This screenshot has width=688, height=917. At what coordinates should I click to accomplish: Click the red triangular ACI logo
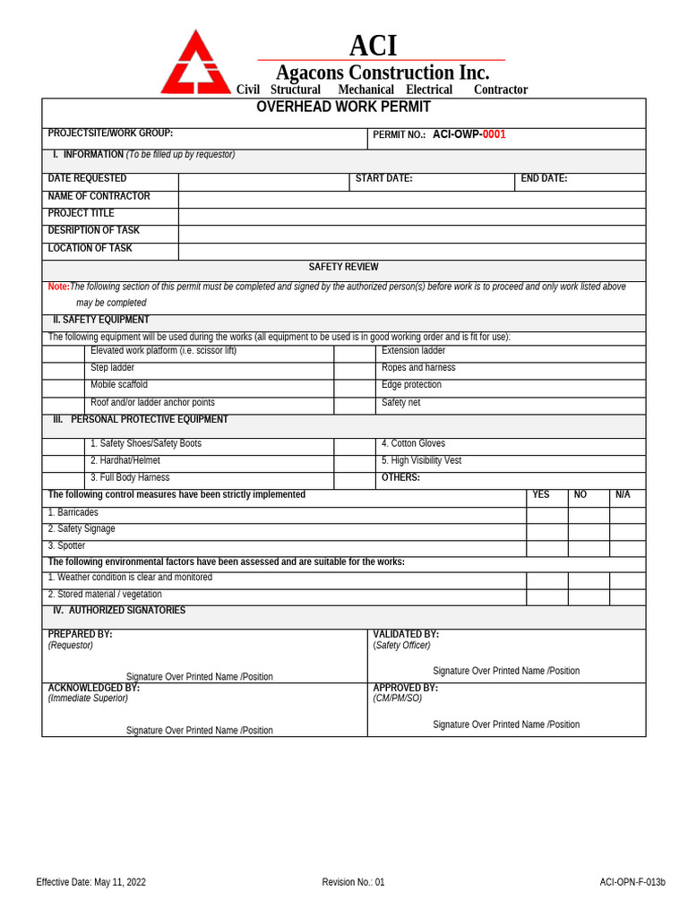[x=195, y=64]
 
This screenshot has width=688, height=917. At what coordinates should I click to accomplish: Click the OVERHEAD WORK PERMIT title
[x=343, y=107]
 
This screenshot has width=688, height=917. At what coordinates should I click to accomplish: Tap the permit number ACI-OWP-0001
[x=469, y=135]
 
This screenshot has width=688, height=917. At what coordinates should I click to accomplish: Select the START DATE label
[x=383, y=179]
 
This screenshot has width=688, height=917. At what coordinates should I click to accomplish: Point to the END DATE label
[x=544, y=179]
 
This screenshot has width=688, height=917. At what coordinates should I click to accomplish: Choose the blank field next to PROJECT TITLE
[x=411, y=217]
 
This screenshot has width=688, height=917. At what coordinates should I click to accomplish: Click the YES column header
[x=541, y=495]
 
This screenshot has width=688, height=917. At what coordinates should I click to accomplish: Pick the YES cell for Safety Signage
[x=546, y=532]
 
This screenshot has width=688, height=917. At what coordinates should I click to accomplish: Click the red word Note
[x=58, y=287]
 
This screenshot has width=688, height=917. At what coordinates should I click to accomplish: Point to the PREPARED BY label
[x=80, y=635]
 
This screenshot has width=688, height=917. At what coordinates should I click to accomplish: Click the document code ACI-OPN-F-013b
[x=632, y=882]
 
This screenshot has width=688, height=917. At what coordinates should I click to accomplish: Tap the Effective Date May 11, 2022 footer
[x=90, y=882]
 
